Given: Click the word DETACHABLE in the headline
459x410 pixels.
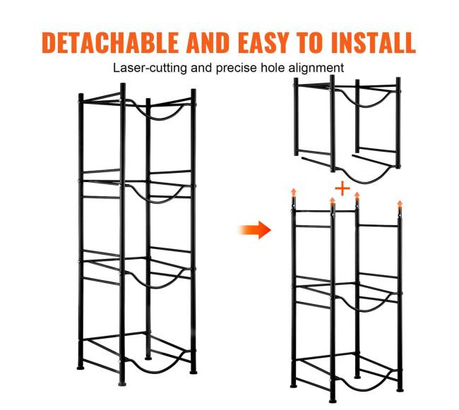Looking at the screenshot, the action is point(110,42).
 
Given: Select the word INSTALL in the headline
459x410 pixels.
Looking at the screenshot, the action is point(374,42).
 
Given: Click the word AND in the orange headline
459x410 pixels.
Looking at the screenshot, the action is point(208,42).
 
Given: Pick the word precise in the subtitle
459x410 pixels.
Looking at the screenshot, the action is point(236,68).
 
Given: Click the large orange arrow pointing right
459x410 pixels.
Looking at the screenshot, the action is point(255,230).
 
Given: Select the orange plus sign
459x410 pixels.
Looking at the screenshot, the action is point(342,188).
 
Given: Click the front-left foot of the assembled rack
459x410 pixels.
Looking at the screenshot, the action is point(122,383).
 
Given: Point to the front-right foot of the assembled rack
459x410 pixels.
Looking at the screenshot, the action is point(193,372).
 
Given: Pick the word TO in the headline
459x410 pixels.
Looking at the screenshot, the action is point(310,42).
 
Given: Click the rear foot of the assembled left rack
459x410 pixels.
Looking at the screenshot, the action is point(148,358).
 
